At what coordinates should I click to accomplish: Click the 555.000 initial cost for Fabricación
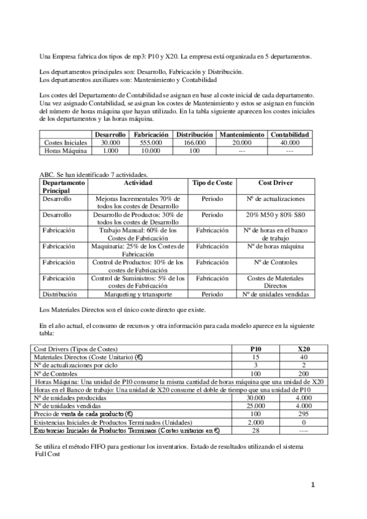pyautogui.click(x=147, y=142)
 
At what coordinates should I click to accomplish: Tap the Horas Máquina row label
pyautogui.click(x=66, y=150)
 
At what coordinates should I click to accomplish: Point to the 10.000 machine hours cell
pyautogui.click(x=147, y=150)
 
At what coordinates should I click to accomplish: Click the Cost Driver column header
pyautogui.click(x=275, y=182)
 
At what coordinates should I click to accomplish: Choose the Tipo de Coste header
pyautogui.click(x=212, y=182)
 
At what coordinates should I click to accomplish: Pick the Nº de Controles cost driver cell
pyautogui.click(x=275, y=262)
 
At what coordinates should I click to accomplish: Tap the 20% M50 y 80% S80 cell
pyautogui.click(x=275, y=215)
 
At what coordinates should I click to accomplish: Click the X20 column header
pyautogui.click(x=303, y=348)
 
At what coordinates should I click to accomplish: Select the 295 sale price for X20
pyautogui.click(x=303, y=414)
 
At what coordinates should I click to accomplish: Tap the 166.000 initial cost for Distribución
pyautogui.click(x=194, y=142)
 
